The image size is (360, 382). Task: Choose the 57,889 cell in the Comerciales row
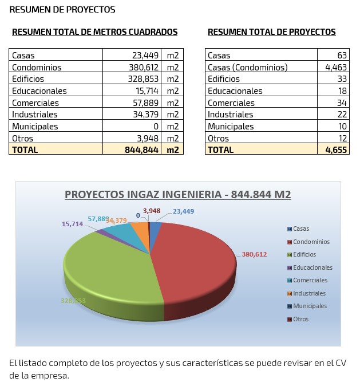[142, 103]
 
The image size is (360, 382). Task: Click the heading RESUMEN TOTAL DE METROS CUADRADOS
[94, 32]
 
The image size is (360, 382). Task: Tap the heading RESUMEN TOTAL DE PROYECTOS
[271, 32]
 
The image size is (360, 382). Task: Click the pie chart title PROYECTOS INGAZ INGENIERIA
[177, 195]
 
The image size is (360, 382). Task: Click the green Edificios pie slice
[109, 269]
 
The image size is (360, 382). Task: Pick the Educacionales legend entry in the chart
[312, 267]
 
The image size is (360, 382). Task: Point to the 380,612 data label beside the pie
[254, 254]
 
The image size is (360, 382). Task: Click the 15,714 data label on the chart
[73, 224]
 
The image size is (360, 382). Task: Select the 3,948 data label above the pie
[152, 210]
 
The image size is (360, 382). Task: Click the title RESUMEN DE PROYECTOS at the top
[62, 10]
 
